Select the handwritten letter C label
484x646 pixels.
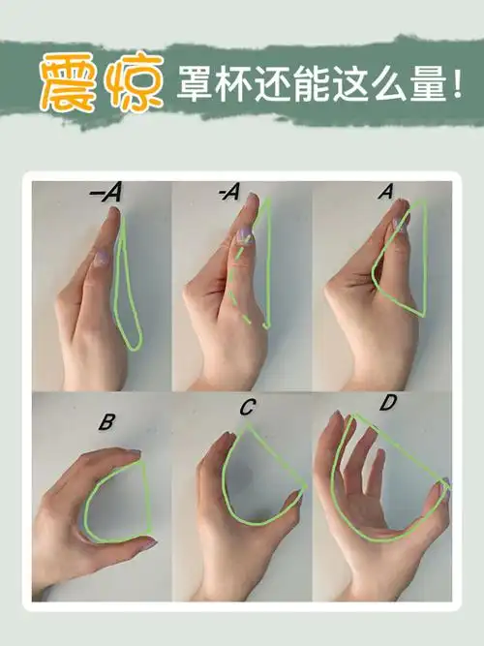pos(247,408)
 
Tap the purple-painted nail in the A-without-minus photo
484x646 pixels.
pos(397,227)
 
